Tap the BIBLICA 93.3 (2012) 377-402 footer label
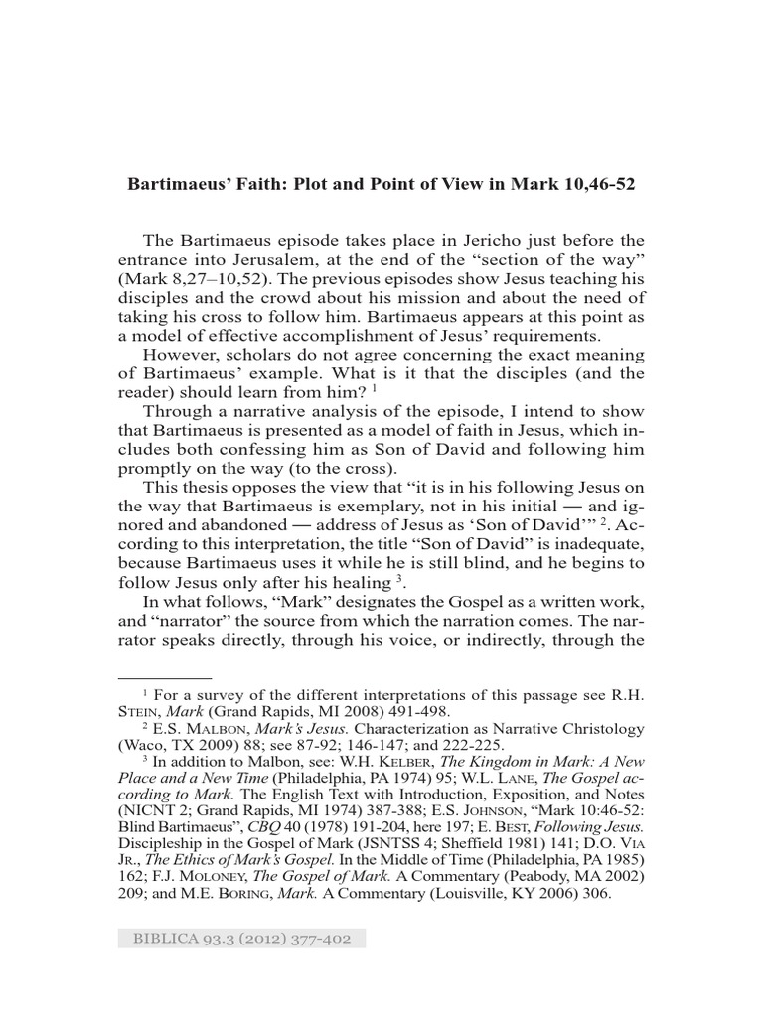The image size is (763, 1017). [x=241, y=940]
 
